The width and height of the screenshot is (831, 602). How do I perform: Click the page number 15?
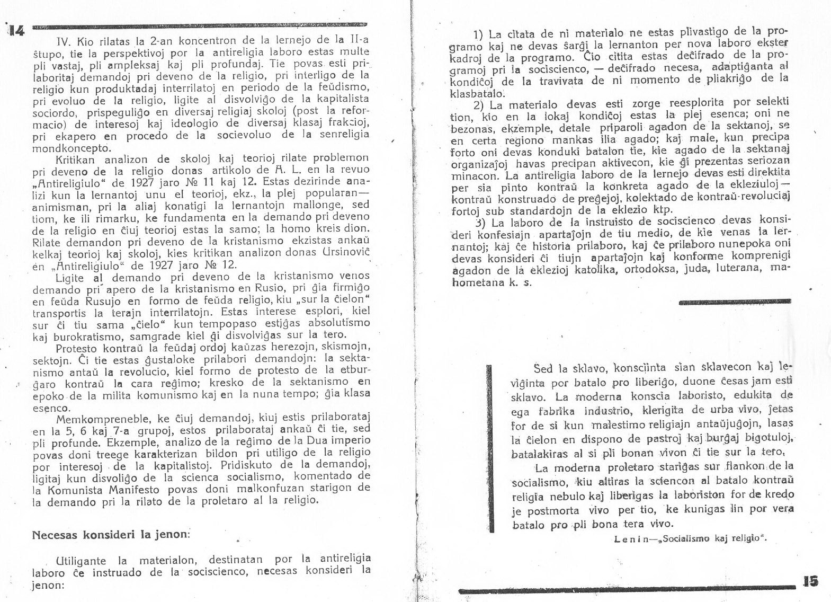[x=810, y=581]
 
